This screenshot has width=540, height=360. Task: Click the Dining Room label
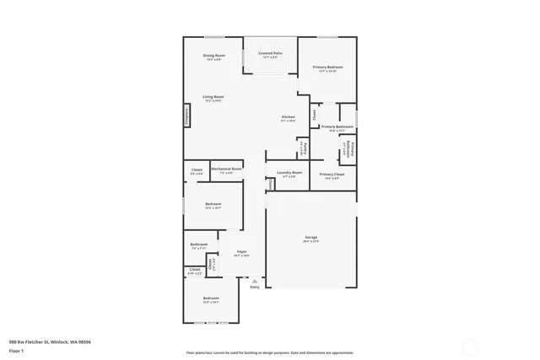214,56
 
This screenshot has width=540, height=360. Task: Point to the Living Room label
213,97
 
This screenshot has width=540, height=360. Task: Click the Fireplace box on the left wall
186,116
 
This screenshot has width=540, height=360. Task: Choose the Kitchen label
289,116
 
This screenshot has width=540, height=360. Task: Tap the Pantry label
304,148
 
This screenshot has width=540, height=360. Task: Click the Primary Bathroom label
335,127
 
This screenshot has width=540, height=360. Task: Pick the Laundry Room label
289,174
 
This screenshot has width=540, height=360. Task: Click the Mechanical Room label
226,169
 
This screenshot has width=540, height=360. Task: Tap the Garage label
311,238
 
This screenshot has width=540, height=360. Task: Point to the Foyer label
241,252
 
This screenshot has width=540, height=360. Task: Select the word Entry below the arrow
255,287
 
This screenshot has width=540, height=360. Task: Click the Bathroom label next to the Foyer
198,245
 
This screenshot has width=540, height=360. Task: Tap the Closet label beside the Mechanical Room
197,169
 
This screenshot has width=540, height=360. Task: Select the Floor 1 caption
16,350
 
